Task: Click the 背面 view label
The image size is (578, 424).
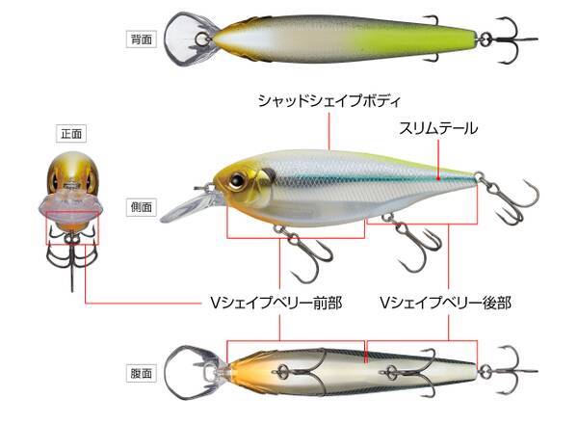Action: pyautogui.click(x=142, y=40)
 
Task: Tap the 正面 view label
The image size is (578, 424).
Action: pyautogui.click(x=71, y=134)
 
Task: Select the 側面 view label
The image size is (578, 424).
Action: pyautogui.click(x=142, y=207)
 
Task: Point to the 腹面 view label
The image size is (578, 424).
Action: pyautogui.click(x=142, y=373)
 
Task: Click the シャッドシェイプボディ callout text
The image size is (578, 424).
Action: pyautogui.click(x=328, y=100)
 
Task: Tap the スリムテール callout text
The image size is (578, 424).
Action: pyautogui.click(x=438, y=129)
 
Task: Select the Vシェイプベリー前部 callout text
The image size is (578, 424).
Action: pyautogui.click(x=276, y=304)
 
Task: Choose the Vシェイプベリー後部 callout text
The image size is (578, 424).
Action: pyautogui.click(x=446, y=304)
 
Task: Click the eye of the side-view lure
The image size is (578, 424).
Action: pyautogui.click(x=236, y=180)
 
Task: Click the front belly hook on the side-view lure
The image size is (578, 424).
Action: pyautogui.click(x=302, y=252)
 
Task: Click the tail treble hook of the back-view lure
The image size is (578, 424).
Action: pyautogui.click(x=512, y=40)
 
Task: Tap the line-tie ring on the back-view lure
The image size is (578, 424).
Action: pyautogui.click(x=201, y=40)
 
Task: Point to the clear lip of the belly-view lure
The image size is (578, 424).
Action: pyautogui.click(x=190, y=373)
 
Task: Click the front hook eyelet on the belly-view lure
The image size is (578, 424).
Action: pyautogui.click(x=281, y=371)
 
